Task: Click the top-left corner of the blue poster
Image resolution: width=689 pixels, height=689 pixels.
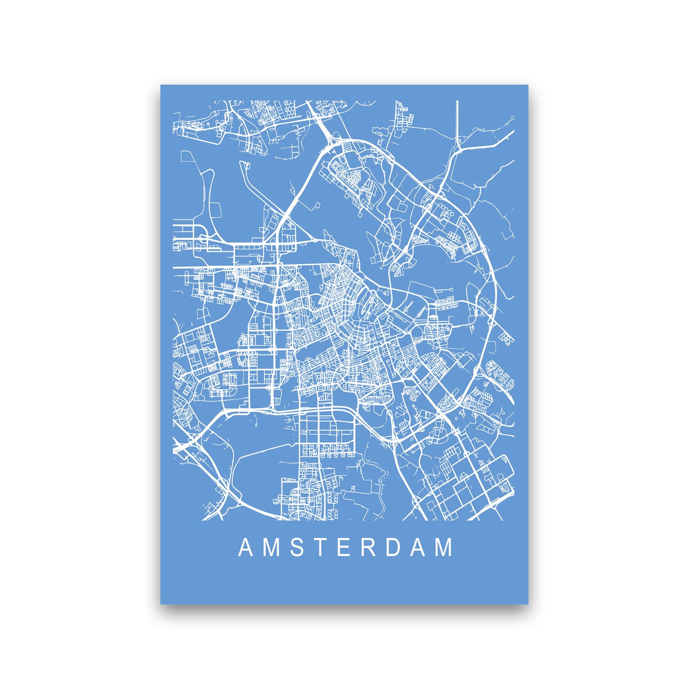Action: pyautogui.click(x=161, y=86)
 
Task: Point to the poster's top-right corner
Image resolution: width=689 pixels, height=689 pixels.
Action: pyautogui.click(x=528, y=86)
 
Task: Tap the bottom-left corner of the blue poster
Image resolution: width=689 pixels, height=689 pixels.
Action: pyautogui.click(x=161, y=603)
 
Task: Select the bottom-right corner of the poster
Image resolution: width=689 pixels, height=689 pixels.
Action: pyautogui.click(x=528, y=603)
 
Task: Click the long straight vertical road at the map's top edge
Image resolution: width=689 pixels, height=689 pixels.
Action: pyautogui.click(x=457, y=119)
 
